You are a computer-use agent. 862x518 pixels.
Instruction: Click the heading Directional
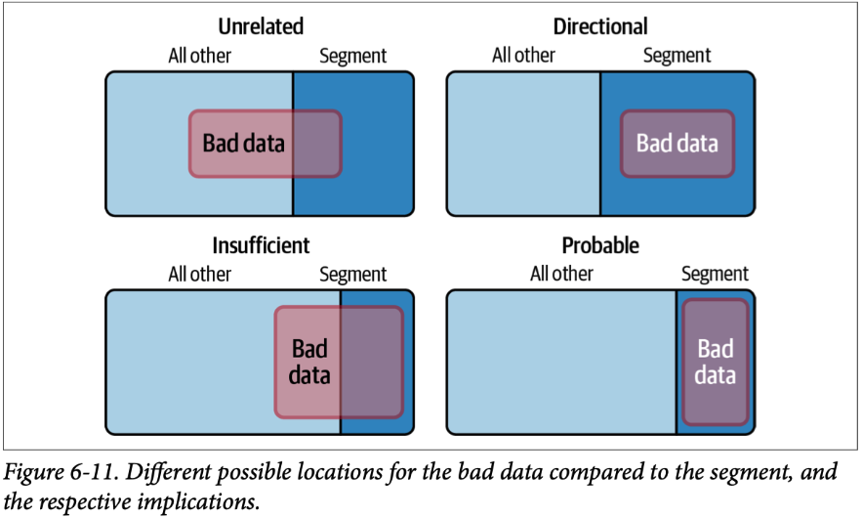[600, 26]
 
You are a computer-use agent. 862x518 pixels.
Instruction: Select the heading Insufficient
[261, 245]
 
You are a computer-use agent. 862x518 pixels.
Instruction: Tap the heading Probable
[600, 245]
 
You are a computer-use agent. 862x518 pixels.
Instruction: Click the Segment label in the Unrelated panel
[352, 56]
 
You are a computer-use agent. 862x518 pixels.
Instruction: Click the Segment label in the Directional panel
[677, 56]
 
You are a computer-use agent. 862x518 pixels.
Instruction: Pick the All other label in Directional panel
[524, 56]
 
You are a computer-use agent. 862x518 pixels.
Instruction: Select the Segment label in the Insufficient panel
[352, 275]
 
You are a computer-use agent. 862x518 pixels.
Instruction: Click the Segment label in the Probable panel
[715, 275]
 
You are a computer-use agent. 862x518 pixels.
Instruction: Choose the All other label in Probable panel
[561, 275]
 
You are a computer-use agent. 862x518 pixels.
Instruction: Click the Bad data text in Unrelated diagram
[244, 143]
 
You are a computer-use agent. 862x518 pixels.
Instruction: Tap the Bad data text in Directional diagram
[677, 143]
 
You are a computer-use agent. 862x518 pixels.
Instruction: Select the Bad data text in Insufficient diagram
[310, 362]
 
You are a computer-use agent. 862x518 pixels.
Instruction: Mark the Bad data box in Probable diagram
[716, 363]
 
